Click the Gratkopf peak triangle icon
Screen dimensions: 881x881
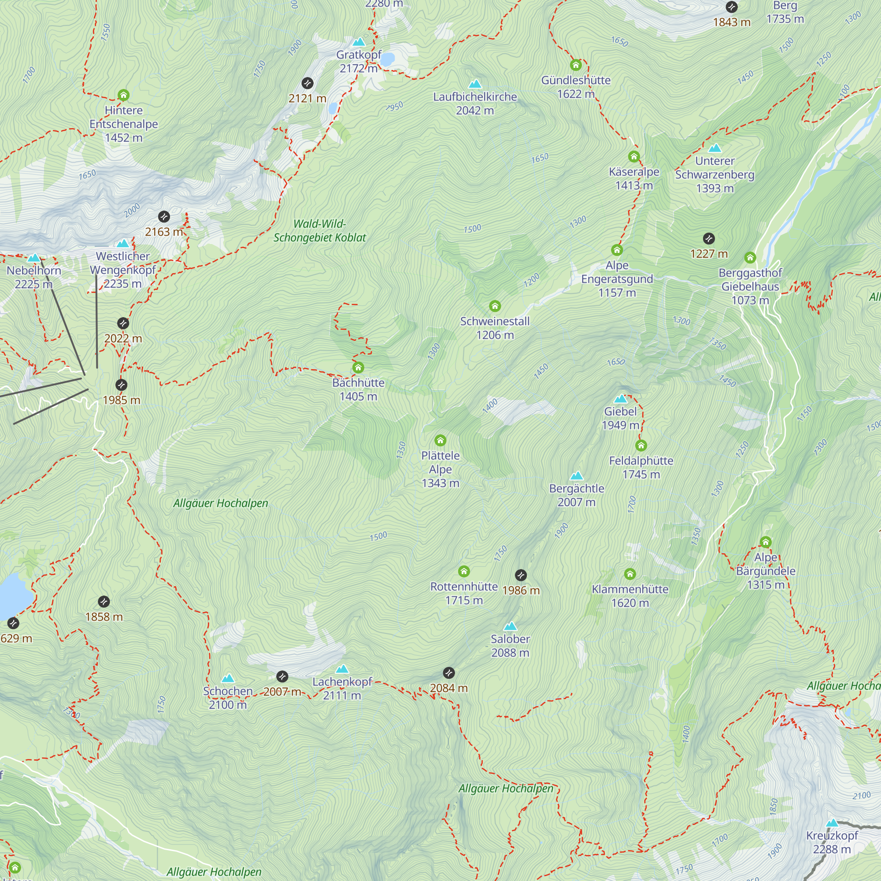click(x=359, y=42)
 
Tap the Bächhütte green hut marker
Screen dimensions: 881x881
click(x=358, y=367)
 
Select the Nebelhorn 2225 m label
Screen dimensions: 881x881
click(x=34, y=277)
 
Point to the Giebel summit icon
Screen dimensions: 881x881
click(x=620, y=399)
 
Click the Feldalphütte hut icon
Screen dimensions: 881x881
click(x=641, y=445)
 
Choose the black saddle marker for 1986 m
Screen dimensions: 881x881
click(x=521, y=575)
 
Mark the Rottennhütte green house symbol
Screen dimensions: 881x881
click(x=464, y=571)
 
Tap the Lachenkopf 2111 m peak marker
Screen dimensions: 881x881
click(x=342, y=669)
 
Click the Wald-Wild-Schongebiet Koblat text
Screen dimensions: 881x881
click(x=320, y=231)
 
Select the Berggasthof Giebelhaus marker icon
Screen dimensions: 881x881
click(x=750, y=258)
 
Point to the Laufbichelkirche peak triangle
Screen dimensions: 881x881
click(x=475, y=84)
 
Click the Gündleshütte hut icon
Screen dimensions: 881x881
click(x=576, y=65)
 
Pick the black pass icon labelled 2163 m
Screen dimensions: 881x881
click(x=164, y=217)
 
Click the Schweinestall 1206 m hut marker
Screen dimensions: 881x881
click(x=495, y=306)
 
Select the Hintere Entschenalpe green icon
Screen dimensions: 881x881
click(x=124, y=95)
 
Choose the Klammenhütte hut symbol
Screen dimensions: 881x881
click(x=630, y=574)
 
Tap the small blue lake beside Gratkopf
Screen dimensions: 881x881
click(x=387, y=60)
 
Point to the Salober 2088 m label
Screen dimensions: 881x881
click(x=510, y=646)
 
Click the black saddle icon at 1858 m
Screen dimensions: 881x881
click(x=104, y=601)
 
